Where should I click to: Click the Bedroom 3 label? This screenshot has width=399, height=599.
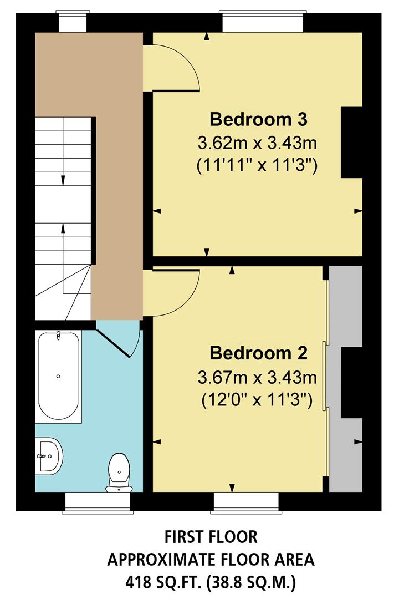[x=258, y=119]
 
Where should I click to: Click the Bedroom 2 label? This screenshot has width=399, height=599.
[x=258, y=353]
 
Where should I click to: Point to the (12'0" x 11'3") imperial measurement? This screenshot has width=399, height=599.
[x=258, y=399]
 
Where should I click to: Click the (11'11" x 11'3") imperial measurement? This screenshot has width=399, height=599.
[x=258, y=166]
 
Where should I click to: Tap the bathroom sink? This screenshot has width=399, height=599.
[x=49, y=456]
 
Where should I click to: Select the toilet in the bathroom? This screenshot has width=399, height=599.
[x=119, y=472]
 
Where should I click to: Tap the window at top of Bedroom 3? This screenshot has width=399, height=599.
[x=263, y=21]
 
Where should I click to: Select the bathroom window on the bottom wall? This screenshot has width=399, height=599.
[x=98, y=501]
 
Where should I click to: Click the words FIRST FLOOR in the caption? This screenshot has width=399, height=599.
[x=211, y=537]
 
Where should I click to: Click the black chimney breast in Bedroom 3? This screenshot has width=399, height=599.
[x=351, y=143]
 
